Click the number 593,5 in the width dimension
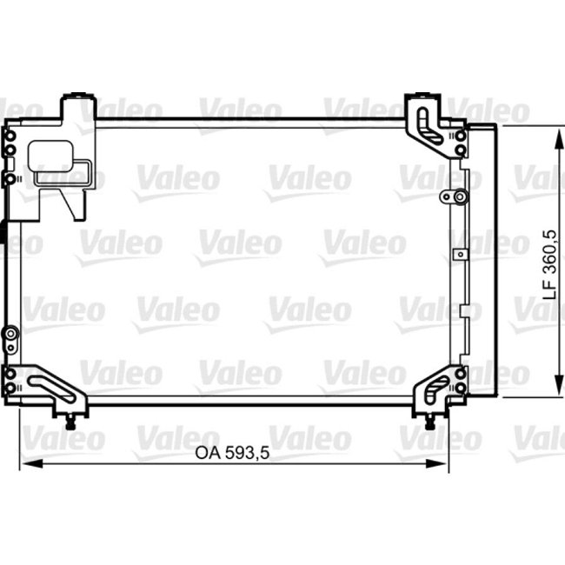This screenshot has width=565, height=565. click(236, 452)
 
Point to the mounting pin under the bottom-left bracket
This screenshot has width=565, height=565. click(70, 423)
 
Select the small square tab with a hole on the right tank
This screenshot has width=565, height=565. click(460, 255)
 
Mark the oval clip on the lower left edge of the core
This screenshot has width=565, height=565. click(10, 335)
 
